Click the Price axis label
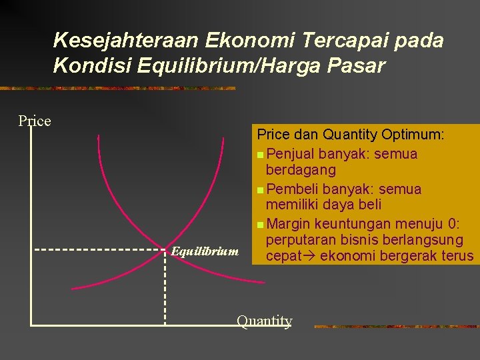click(x=35, y=121)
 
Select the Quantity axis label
click(x=264, y=321)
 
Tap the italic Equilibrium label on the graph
click(x=205, y=251)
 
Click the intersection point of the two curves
click(x=165, y=250)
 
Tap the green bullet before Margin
click(x=259, y=223)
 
